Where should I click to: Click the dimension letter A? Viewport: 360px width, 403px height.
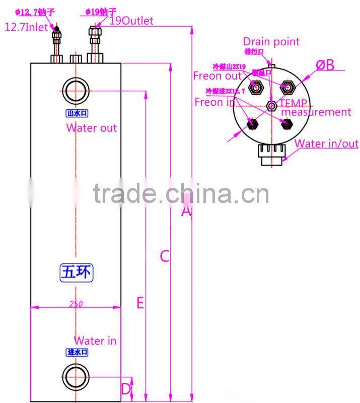coord(186,212)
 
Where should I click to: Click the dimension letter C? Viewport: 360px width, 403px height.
coord(164,256)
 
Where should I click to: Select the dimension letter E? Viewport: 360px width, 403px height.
coord(140,303)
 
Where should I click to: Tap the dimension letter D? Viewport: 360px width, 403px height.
coord(126,388)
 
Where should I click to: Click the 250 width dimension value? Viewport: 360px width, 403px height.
coord(77,304)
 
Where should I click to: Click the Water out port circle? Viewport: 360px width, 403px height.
coord(77,91)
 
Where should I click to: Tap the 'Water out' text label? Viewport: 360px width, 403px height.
coord(92,128)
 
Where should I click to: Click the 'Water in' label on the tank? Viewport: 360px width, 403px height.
coord(95,341)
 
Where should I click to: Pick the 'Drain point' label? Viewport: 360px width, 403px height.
coord(271,42)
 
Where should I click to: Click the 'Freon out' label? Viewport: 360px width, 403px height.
coord(217,76)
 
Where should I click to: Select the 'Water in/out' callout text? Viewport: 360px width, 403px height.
coord(326,144)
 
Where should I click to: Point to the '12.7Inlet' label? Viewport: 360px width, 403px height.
coord(25,27)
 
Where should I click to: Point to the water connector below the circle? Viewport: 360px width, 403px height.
coord(272,154)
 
